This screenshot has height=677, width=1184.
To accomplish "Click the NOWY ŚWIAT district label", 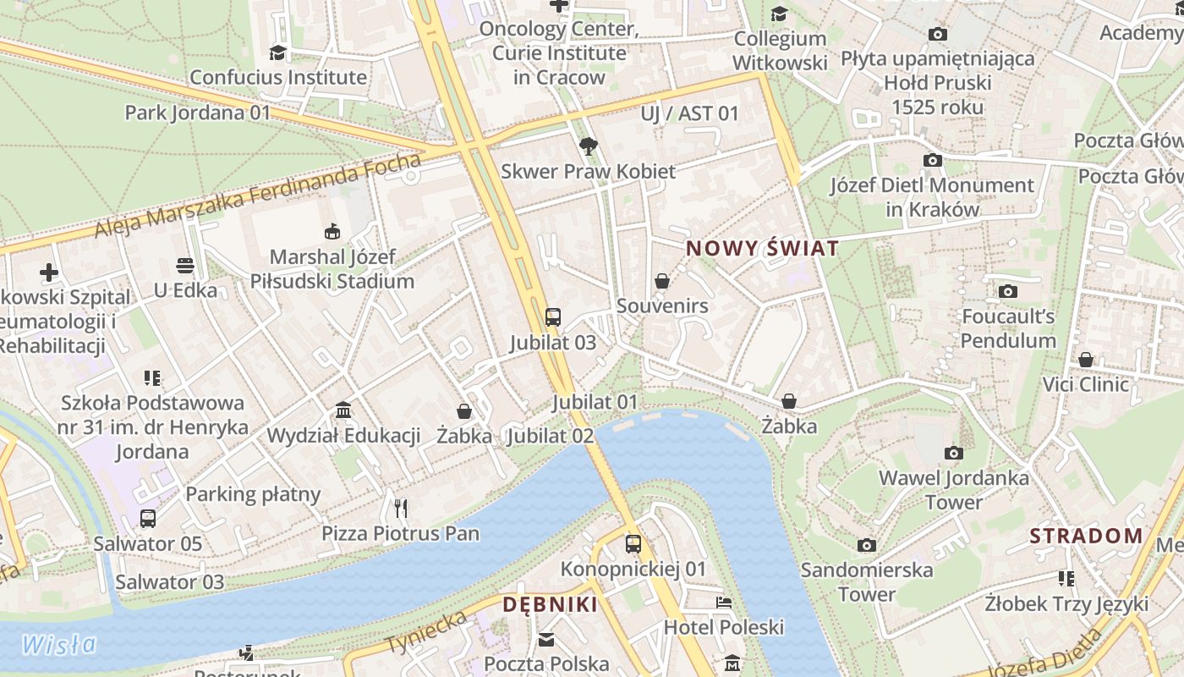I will (x=763, y=249).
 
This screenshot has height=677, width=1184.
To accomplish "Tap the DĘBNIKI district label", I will (x=551, y=605).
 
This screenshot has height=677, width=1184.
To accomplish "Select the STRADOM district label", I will (x=1087, y=536).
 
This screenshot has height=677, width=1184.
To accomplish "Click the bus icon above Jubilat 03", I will (x=553, y=317).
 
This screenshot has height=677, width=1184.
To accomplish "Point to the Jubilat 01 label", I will (x=595, y=402).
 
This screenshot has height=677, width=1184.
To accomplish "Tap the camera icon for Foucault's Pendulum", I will (x=1008, y=292).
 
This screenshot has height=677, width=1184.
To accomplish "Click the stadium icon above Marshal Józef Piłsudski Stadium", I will (x=332, y=231).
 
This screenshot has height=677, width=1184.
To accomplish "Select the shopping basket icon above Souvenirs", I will (x=662, y=281).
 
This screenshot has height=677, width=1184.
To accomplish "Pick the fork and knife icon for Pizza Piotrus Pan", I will (x=401, y=509).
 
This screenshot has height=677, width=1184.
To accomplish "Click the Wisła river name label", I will (x=59, y=645).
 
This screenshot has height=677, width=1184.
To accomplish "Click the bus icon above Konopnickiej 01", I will (x=633, y=544).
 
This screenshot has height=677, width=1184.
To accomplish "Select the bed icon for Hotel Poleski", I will (x=724, y=603).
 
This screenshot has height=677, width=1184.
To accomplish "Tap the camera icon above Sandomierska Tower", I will (x=867, y=545).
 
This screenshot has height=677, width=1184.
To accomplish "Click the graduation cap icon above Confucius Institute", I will (x=277, y=53).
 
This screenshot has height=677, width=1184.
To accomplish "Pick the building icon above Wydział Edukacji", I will (x=343, y=411).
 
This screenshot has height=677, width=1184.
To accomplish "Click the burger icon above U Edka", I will (x=185, y=266).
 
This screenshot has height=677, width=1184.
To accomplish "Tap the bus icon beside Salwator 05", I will (x=148, y=519).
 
